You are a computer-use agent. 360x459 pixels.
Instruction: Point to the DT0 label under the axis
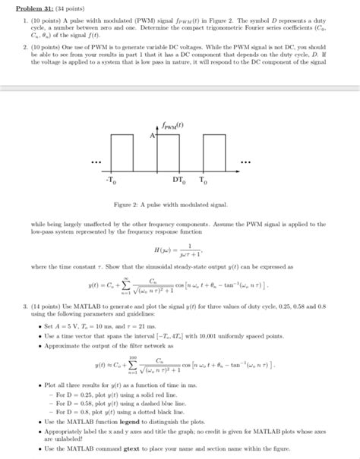point(177,182)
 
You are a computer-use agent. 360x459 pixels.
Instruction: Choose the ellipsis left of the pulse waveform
point(95,162)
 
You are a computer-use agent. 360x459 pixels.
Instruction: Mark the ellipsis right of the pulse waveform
point(245,162)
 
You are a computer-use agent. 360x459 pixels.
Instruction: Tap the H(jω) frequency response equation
point(179,254)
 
